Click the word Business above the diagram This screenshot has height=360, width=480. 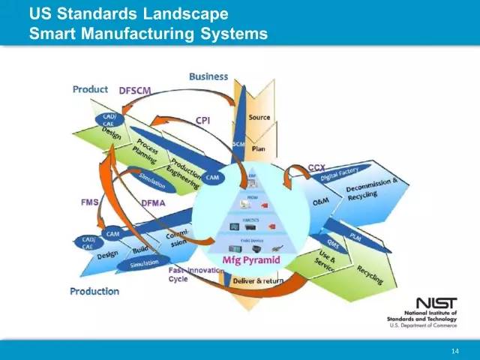[208, 76]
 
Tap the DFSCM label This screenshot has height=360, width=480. [135, 91]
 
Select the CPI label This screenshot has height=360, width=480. [203, 120]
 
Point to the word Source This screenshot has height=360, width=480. [259, 118]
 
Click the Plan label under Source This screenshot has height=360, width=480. [258, 148]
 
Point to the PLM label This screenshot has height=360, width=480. [355, 235]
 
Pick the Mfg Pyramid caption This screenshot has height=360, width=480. [252, 260]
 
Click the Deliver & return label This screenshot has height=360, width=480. [259, 280]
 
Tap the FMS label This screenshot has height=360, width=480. [89, 202]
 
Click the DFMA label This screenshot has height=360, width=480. [153, 202]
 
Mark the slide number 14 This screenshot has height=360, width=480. [454, 352]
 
